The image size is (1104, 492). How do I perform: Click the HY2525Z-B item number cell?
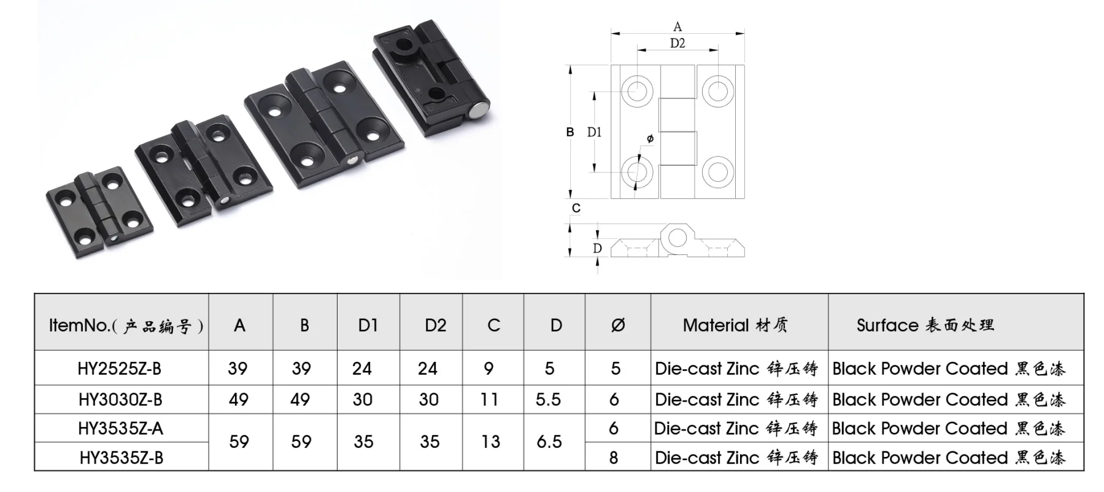pos(120,369)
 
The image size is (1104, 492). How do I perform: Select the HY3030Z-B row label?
pos(120,400)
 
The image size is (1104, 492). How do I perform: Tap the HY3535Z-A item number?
pos(120,428)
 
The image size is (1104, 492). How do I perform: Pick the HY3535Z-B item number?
pos(121,458)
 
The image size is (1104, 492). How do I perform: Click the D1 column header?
pos(368,326)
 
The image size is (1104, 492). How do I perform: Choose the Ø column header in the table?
pos(617,326)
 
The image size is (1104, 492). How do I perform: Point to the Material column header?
pos(735,326)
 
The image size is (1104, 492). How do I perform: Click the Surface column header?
pos(925,326)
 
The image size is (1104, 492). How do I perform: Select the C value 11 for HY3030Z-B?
pos(489,400)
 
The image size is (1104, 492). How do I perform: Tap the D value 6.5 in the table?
pos(549,442)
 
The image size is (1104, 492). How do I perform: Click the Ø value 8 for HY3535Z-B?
pos(614,458)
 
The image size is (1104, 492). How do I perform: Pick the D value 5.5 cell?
pos(548,400)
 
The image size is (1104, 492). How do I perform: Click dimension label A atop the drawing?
pos(677,26)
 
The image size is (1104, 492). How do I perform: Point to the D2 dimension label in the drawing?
pos(677,43)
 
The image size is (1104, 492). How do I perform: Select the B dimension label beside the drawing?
pos(570,132)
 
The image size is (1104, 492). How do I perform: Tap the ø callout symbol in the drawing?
pos(650,139)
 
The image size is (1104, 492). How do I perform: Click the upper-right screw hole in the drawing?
pos(718,91)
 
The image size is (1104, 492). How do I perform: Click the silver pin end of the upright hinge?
pos(479,111)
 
